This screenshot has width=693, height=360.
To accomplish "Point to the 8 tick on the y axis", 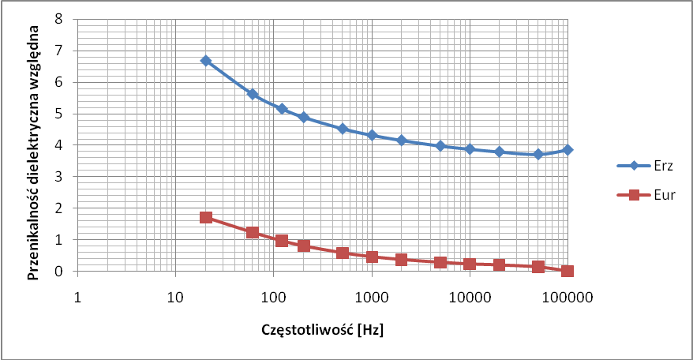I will coord(57,19).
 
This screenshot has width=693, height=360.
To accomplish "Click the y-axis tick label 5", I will coord(57,114).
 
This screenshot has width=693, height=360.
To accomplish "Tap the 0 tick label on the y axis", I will coord(57,272).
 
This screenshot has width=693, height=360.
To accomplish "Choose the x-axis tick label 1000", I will coord(372,298).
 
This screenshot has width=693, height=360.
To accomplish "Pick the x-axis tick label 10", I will coord(175,298).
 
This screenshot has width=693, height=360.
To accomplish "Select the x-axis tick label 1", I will coord(77,298).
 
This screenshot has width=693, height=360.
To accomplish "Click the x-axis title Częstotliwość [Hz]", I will coord(322,329).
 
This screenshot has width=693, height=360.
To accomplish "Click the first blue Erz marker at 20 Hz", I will coord(206,61).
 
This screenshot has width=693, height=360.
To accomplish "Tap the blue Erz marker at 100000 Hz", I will coord(568,149).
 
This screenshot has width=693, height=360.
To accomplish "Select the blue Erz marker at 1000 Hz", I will coord(372,136).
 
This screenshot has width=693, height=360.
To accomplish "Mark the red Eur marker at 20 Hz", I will coord(206,217).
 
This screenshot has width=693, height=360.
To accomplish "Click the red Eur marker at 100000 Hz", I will coord(568,271).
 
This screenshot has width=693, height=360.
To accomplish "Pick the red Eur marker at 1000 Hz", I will coord(372,257).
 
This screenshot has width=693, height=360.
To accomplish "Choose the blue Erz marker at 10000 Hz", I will coord(470,148).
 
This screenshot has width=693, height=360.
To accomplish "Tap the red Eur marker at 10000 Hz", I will coord(470,264).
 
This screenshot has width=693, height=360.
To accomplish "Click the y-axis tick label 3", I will coord(57,177).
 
